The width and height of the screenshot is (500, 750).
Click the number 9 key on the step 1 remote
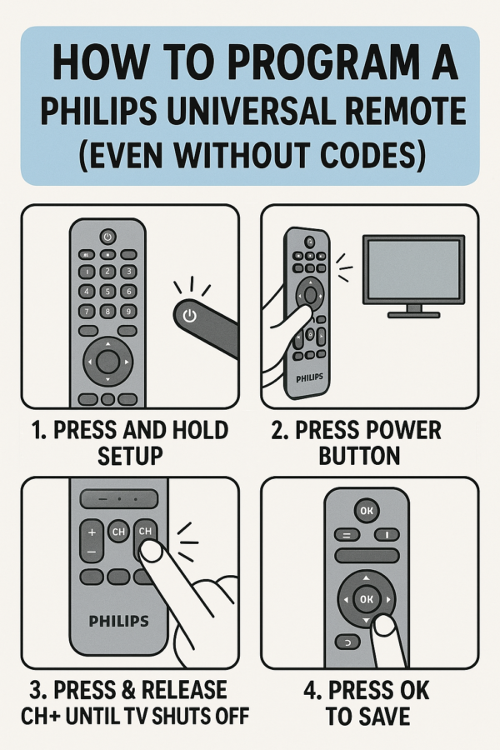coord(127,311)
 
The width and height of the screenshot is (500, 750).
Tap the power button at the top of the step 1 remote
coord(107,236)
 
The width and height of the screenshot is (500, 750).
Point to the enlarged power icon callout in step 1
coord(190,316)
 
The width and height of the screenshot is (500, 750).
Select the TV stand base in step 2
coord(412,313)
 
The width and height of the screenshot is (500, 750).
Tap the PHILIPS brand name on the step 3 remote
coord(118,621)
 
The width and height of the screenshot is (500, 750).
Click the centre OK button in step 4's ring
coord(366,598)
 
